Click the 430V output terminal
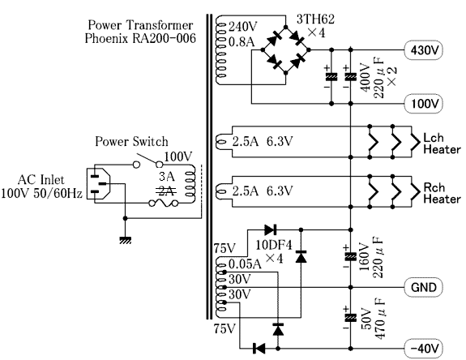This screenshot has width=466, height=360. coord(424,50)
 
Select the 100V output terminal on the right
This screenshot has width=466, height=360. coord(424,104)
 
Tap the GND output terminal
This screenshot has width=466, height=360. coord(424,288)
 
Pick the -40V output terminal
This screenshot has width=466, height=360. coord(424,349)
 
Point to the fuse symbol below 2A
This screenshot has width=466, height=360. coord(164,204)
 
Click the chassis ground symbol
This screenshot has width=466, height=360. coord(125,240)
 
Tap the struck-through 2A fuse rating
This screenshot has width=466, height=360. coord(166,191)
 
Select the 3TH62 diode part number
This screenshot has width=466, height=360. coord(315,19)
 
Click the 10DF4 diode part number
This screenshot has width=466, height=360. coord(274,245)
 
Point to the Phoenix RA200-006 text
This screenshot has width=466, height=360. coord(140,38)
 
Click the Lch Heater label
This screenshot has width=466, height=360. coord(442,144)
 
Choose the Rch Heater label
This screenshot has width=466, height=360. coord(442,193)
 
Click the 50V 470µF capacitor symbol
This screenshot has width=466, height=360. coord(350,318)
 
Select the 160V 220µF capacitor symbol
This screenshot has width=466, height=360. coord(350,257)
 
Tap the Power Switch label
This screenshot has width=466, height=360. coord(131,142)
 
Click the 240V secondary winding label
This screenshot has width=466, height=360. coord(243,27)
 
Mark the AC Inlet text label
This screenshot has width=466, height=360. coord(41,180)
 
